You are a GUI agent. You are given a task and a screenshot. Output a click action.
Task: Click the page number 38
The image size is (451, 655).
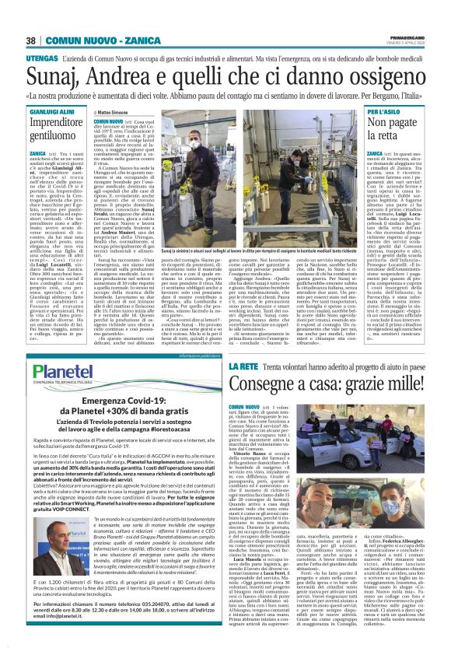click(32, 40)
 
